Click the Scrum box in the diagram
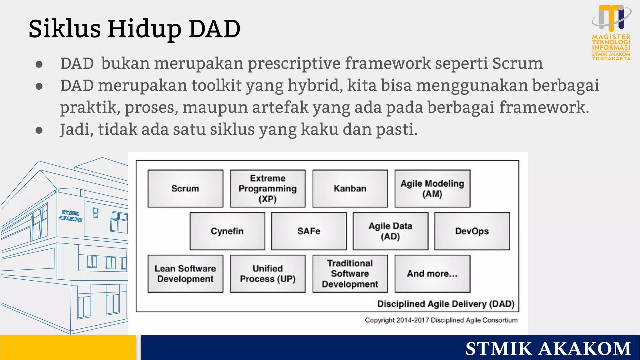[x=185, y=188]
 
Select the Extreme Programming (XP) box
[x=267, y=188]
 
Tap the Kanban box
[x=350, y=188]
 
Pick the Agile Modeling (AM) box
[x=432, y=188]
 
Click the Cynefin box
[x=227, y=231]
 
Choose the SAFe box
[x=309, y=231]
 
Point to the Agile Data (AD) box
[x=390, y=231]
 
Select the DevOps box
[x=472, y=231]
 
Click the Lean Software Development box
[x=185, y=274]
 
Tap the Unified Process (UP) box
[x=267, y=274]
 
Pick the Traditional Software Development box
[x=350, y=274]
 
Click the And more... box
[x=432, y=274]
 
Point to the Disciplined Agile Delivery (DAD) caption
[x=446, y=304]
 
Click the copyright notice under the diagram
[x=441, y=320]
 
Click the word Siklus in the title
[x=64, y=29]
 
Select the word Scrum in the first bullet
[x=517, y=63]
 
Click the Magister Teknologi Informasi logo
[x=611, y=32]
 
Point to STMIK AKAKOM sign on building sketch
[x=71, y=216]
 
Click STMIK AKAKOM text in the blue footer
[x=548, y=348]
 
